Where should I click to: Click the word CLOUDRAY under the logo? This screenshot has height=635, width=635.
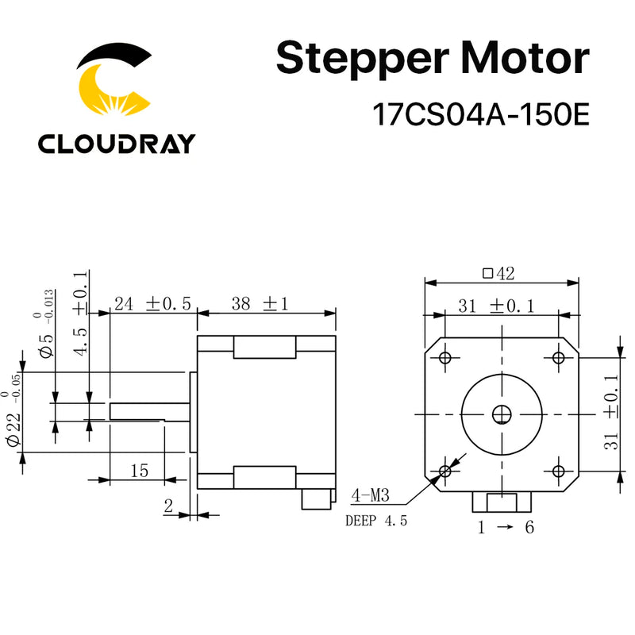pos(116,143)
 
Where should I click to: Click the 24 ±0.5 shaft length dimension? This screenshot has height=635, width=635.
pos(152,303)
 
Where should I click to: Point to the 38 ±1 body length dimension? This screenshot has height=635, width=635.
pos(258,303)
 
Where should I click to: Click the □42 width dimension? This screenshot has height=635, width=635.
pos(499,274)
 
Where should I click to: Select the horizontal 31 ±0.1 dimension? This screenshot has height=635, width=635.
pos(499,306)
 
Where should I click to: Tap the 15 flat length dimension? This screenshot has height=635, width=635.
pos(139,470)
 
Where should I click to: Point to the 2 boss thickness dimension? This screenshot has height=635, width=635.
pos(168,505)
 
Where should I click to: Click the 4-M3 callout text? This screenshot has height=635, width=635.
pos(370,498)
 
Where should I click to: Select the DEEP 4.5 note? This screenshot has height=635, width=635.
pos(375,521)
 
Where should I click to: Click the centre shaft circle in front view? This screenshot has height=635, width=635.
pos(502,414)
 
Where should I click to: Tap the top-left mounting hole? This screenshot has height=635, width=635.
pos(444,357)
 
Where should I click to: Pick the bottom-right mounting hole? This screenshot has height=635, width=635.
pos(558,471)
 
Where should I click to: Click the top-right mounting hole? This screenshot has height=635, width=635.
pos(558,357)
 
